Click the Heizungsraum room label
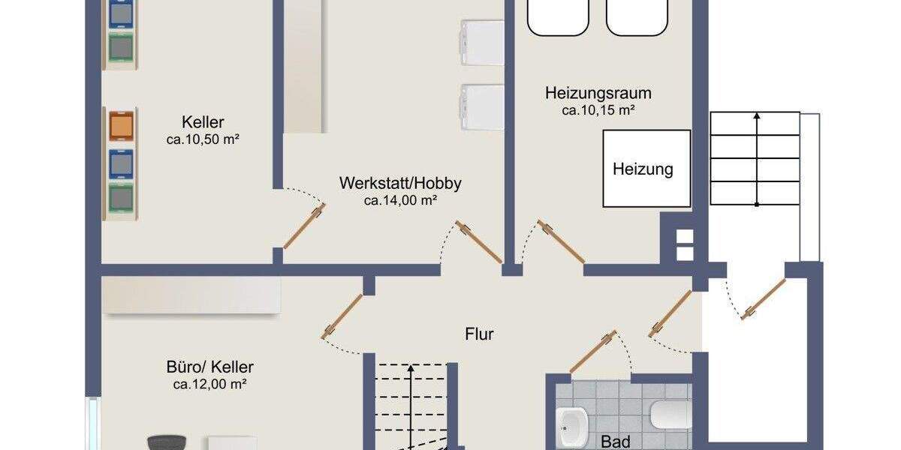(598, 94)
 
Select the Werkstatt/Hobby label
(400, 183)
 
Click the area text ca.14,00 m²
(400, 200)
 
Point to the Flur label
(479, 334)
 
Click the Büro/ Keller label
(209, 367)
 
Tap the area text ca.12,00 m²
(209, 385)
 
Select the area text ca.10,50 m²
(203, 139)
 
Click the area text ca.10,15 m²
(598, 110)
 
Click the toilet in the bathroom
(670, 415)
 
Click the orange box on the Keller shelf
(121, 125)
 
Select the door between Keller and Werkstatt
(304, 226)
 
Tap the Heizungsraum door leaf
(562, 243)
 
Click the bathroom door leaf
(593, 351)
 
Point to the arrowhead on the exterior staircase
(757, 117)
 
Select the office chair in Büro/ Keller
(166, 442)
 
